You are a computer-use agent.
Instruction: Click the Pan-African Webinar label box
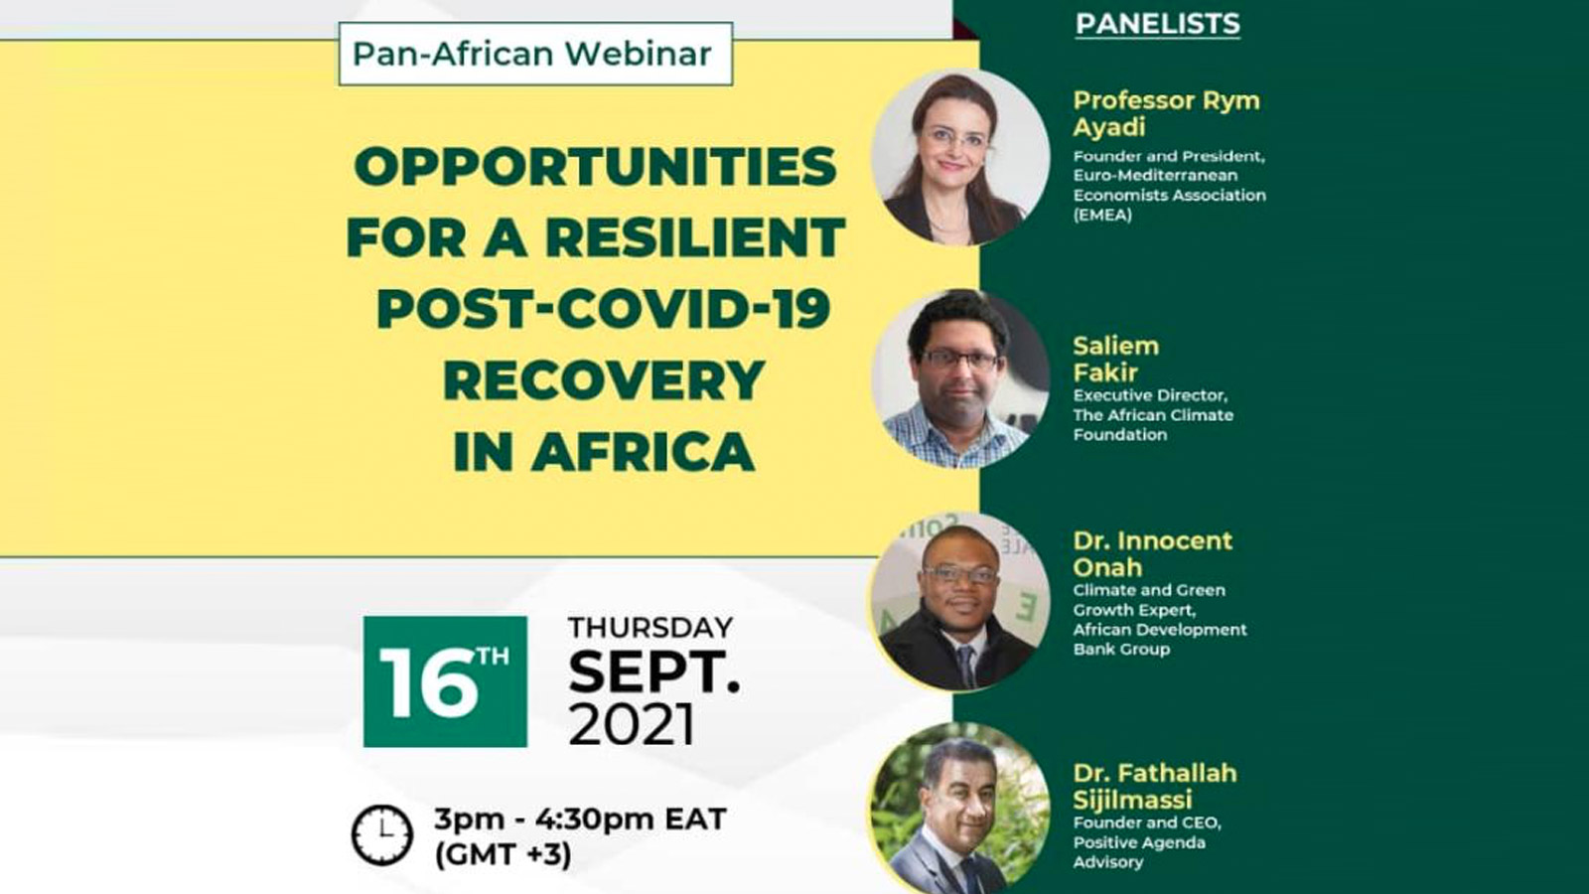click(535, 54)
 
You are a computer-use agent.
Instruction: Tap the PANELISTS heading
click(1158, 24)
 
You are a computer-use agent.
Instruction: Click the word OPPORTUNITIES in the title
click(596, 167)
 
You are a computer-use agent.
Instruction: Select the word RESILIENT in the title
click(695, 237)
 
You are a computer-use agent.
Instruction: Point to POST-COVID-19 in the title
click(603, 309)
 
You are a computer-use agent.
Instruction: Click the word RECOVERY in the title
click(603, 380)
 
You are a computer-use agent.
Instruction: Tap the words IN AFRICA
click(604, 451)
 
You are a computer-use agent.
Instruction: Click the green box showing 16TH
click(446, 681)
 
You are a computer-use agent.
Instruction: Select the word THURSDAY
click(650, 628)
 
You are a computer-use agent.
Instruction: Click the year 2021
click(632, 725)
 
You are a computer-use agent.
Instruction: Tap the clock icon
click(382, 835)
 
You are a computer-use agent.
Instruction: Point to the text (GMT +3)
click(503, 855)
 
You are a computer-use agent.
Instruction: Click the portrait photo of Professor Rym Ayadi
click(960, 157)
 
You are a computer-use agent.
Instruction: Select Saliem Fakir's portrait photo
click(960, 378)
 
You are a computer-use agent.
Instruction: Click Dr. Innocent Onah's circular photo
click(960, 601)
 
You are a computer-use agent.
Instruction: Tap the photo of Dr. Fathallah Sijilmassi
click(960, 809)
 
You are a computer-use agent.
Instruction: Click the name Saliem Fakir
click(1116, 359)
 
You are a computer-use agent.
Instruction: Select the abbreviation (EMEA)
click(1102, 215)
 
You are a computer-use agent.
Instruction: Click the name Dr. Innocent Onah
click(1153, 554)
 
